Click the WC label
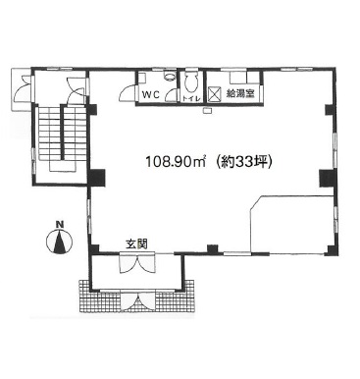pyautogui.click(x=150, y=95)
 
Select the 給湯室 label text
pyautogui.click(x=240, y=94)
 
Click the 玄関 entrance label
pyautogui.click(x=136, y=244)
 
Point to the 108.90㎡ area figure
pyautogui.click(x=176, y=161)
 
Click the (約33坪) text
pyautogui.click(x=244, y=161)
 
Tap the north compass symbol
pyautogui.click(x=59, y=242)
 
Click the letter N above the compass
pyautogui.click(x=59, y=225)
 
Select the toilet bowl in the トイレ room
pyautogui.click(x=191, y=82)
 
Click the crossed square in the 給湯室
pyautogui.click(x=215, y=94)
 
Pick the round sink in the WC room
pyautogui.click(x=169, y=76)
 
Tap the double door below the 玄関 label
pyautogui.click(x=137, y=263)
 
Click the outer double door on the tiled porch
pyautogui.click(x=137, y=300)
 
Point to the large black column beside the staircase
pyautogui.click(x=97, y=178)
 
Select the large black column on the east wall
pyautogui.click(x=327, y=178)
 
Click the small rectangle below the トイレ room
pyautogui.click(x=207, y=111)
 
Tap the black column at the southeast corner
pyautogui.click(x=331, y=250)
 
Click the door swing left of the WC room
pyautogui.click(x=127, y=92)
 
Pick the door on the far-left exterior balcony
pyautogui.click(x=23, y=88)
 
